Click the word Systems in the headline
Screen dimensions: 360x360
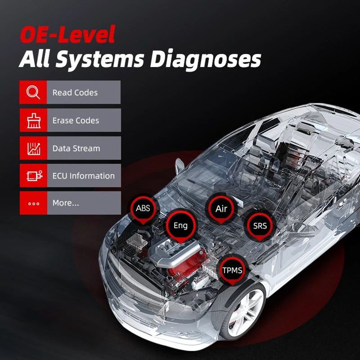click(x=99, y=60)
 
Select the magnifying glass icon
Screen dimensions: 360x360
click(x=33, y=93)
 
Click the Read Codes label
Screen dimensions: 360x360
click(x=75, y=93)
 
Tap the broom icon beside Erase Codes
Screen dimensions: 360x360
click(x=33, y=121)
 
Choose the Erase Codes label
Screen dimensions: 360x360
click(x=76, y=121)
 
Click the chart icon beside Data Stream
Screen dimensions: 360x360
click(x=33, y=148)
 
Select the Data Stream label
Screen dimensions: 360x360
click(x=76, y=148)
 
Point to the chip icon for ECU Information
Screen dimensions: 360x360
click(x=33, y=176)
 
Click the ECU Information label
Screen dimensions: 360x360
click(x=83, y=176)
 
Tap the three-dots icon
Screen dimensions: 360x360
click(x=33, y=203)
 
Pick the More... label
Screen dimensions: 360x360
click(x=66, y=203)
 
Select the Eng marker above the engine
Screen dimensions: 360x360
click(x=181, y=226)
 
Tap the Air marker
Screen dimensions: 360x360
click(x=221, y=209)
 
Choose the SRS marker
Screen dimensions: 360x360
click(x=260, y=226)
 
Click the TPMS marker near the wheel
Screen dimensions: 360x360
click(x=232, y=270)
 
